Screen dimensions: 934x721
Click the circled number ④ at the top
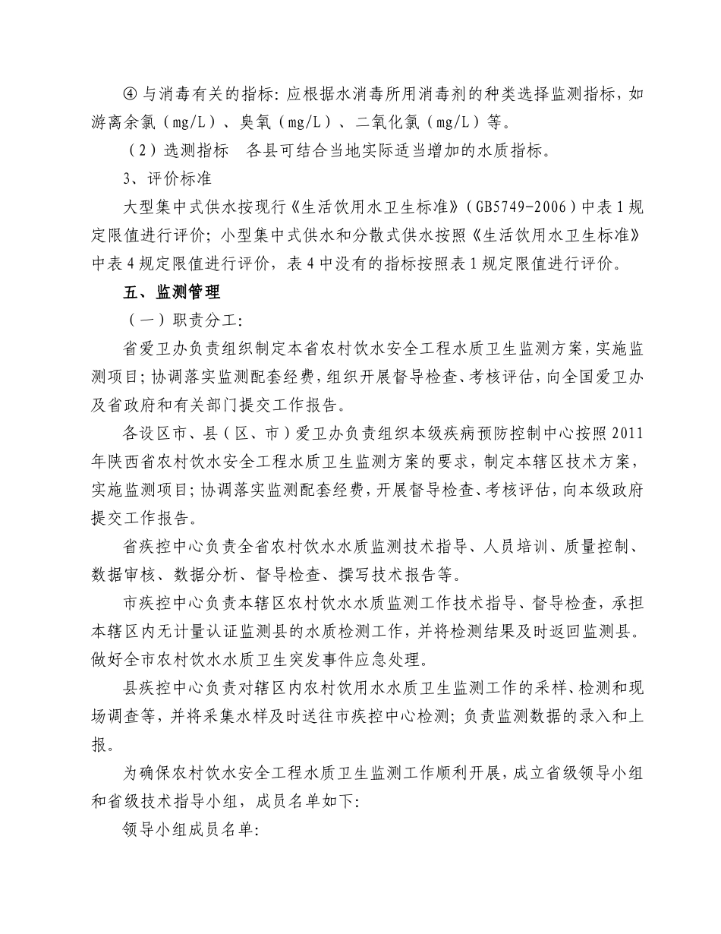[x=130, y=96]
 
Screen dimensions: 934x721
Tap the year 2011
[x=627, y=434]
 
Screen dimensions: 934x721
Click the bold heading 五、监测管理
[x=172, y=292]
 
